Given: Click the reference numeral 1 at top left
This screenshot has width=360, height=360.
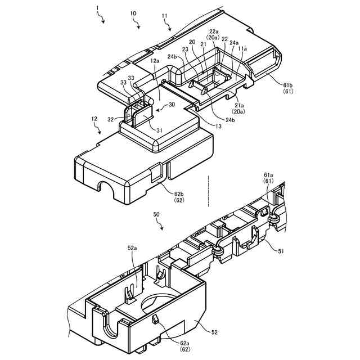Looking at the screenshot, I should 97,9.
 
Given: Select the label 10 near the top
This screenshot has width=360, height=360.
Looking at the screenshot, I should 133,13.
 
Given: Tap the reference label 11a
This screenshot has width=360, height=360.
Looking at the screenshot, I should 242,49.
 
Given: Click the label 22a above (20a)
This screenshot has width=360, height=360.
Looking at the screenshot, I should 214,31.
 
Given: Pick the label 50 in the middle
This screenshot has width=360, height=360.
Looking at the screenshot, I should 156,214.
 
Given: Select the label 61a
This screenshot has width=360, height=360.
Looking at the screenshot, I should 269,175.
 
